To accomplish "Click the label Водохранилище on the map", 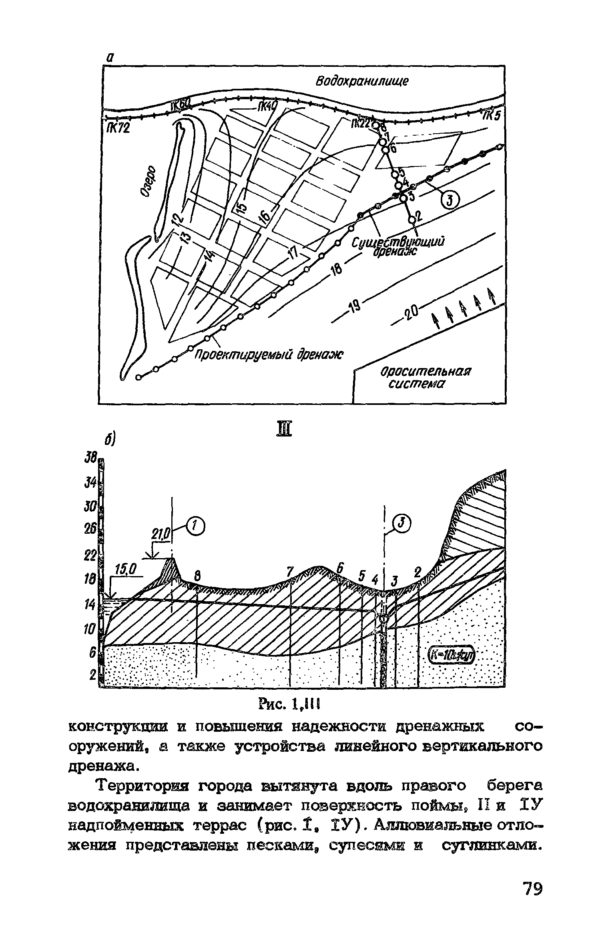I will point(362,82).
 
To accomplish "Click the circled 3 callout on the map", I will point(449,200).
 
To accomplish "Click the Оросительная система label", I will point(424,377).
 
